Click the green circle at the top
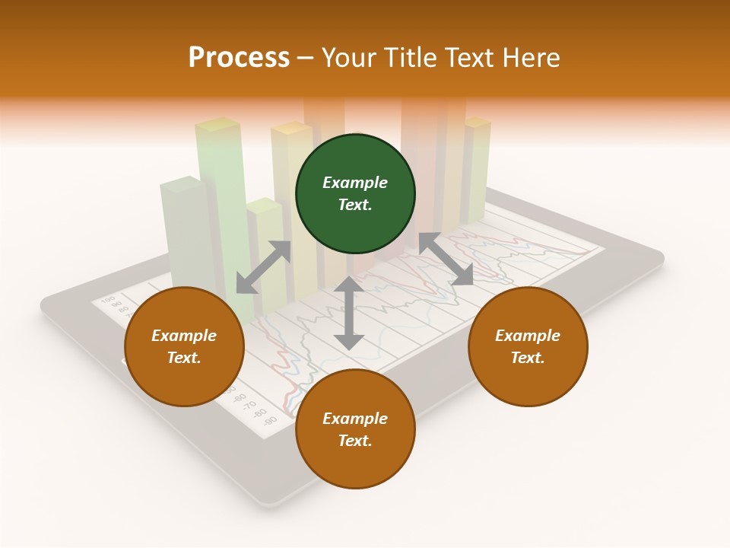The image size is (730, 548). pyautogui.click(x=355, y=193)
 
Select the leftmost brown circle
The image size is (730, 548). pyautogui.click(x=184, y=346)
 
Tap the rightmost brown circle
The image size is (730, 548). pyautogui.click(x=528, y=346)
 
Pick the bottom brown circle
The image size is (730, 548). pyautogui.click(x=355, y=429)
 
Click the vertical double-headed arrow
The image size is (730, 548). pyautogui.click(x=348, y=313)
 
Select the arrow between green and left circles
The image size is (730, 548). pyautogui.click(x=263, y=267)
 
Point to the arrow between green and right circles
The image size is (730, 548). pyautogui.click(x=446, y=259)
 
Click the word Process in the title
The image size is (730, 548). pyautogui.click(x=239, y=57)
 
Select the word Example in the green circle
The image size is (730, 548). pyautogui.click(x=355, y=183)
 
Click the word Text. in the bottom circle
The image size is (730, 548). pyautogui.click(x=355, y=441)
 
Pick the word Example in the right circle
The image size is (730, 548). pyautogui.click(x=528, y=336)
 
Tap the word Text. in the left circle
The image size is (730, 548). pyautogui.click(x=184, y=358)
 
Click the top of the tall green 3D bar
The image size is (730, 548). pyautogui.click(x=217, y=125)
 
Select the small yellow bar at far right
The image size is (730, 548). pyautogui.click(x=478, y=167)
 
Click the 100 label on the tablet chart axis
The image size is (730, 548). pyautogui.click(x=108, y=298)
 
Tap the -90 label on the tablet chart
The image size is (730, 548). pyautogui.click(x=269, y=420)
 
